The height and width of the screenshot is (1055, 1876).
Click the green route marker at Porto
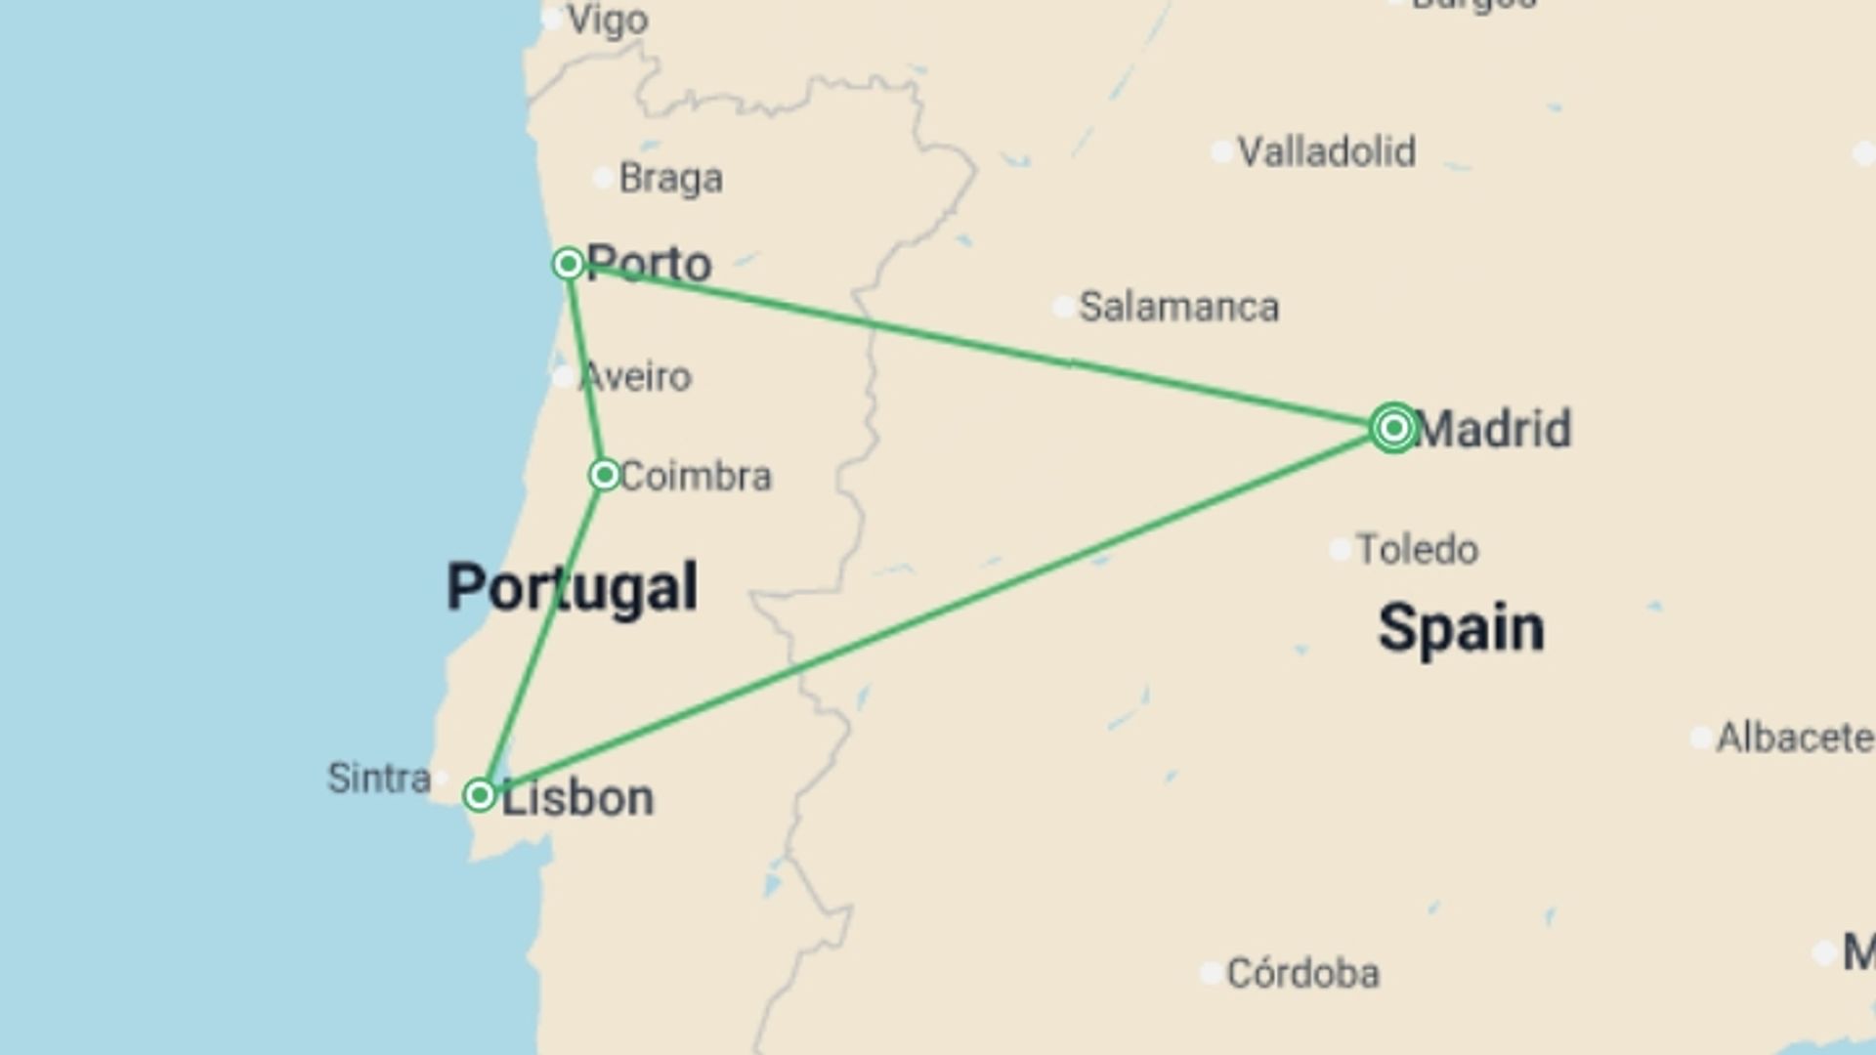click(x=568, y=264)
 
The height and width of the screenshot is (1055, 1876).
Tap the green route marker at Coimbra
click(x=605, y=475)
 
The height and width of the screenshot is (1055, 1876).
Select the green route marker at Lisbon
click(x=480, y=795)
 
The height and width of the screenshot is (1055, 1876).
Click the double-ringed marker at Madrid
click(x=1393, y=427)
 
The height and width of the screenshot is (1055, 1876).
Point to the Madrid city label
click(x=1493, y=429)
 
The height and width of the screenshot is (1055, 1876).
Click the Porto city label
click(x=650, y=264)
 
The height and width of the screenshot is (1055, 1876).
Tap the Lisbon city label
click(x=577, y=798)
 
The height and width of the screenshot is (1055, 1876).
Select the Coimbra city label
click(x=696, y=477)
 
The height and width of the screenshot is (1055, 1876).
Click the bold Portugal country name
click(x=572, y=587)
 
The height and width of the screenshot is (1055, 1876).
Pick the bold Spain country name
click(x=1461, y=628)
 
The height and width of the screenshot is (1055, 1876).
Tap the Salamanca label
click(x=1178, y=308)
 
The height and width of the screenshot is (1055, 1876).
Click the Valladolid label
click(x=1326, y=152)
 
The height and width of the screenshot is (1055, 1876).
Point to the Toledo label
click(x=1418, y=550)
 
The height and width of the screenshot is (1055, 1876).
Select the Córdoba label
click(x=1302, y=974)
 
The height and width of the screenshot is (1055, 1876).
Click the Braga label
click(x=671, y=179)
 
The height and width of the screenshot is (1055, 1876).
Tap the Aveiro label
click(x=637, y=377)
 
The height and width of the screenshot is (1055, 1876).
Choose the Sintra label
click(x=379, y=779)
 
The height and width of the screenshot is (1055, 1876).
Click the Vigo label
click(x=608, y=21)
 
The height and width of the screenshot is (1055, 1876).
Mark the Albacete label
click(x=1795, y=738)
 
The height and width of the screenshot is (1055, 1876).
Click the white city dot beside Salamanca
click(x=1064, y=308)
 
